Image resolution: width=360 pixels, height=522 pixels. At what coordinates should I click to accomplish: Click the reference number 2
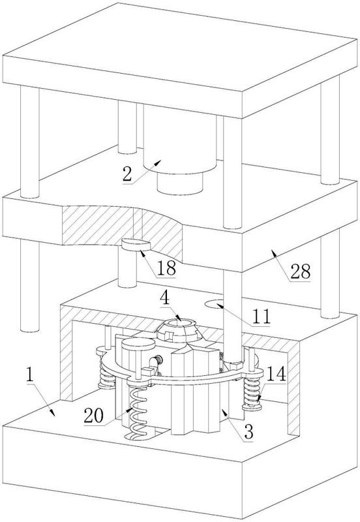pos(127,174)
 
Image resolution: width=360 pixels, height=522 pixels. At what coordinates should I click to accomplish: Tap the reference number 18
pos(166,268)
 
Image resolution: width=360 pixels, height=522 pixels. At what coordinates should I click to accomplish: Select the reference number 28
pos(301,271)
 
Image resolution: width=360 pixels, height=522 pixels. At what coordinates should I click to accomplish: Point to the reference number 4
pos(165,299)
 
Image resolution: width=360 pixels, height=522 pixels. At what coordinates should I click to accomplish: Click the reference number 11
pos(261,316)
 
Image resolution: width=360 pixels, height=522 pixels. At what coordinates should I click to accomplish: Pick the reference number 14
pos(276,374)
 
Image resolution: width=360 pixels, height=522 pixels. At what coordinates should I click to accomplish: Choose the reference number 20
pos(94,416)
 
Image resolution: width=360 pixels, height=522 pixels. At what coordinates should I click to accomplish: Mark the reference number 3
pos(248,432)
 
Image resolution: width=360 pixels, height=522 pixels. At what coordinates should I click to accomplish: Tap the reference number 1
pos(30,375)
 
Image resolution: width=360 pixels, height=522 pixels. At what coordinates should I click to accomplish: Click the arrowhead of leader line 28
pos(273,253)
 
